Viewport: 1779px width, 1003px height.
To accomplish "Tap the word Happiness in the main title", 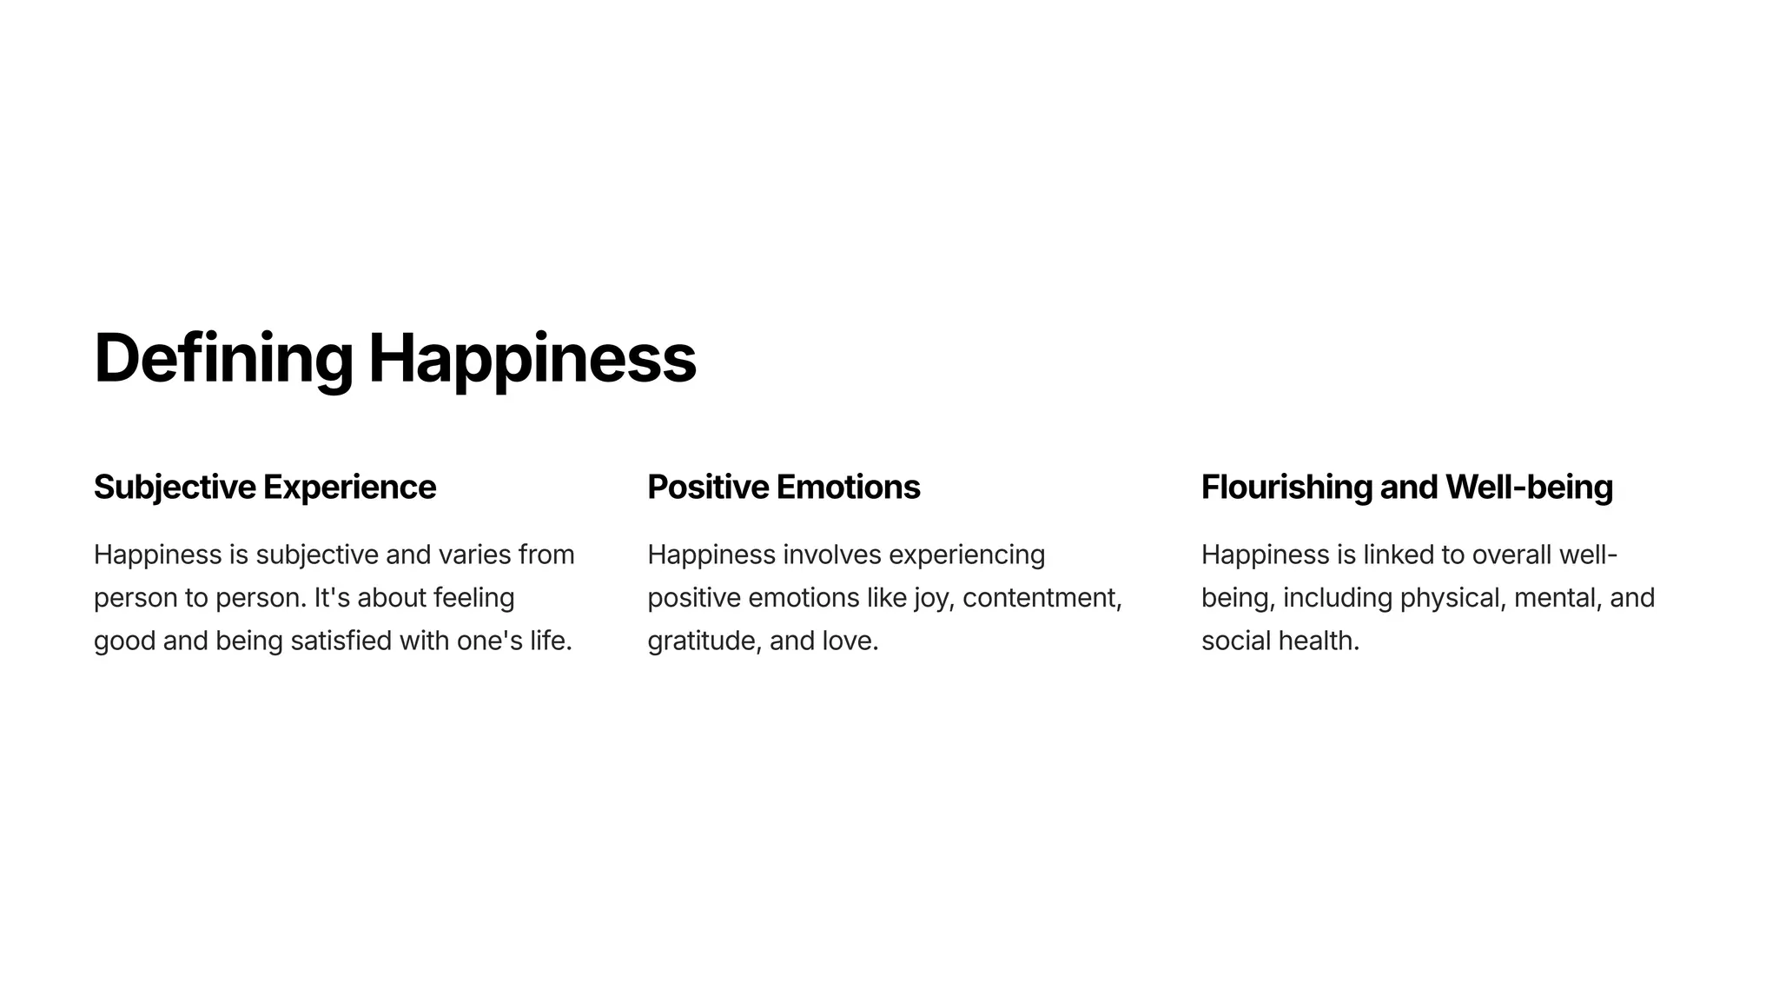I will [532, 358].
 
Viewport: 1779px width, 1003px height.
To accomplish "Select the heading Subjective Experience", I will [265, 487].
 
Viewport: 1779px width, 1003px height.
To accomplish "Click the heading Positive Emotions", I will [784, 487].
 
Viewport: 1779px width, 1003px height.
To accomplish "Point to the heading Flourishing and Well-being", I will [1406, 487].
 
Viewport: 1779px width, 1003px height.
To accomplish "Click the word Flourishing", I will [1286, 487].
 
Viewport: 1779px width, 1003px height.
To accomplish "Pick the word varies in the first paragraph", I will [474, 555].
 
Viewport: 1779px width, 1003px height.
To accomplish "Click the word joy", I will [933, 598].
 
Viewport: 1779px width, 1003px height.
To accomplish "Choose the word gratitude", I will [704, 641].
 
